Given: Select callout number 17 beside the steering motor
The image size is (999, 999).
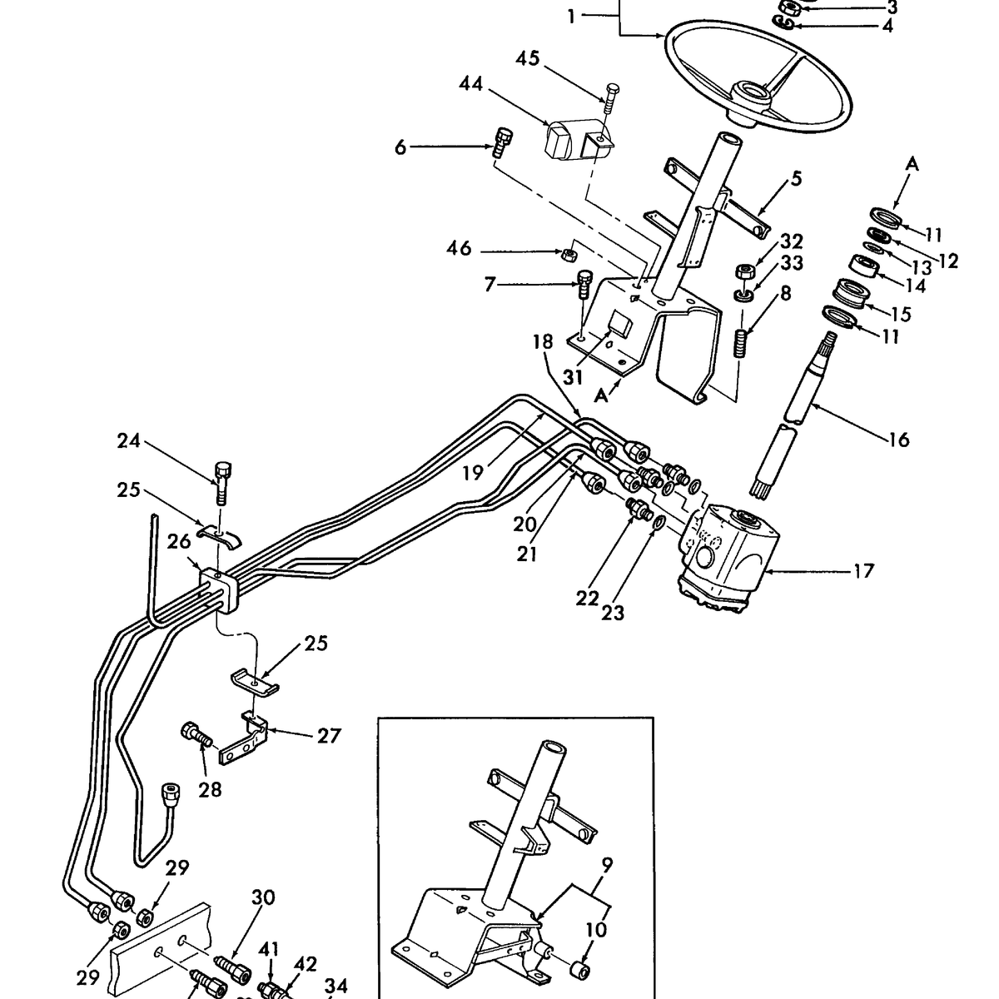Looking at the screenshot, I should pyautogui.click(x=863, y=571).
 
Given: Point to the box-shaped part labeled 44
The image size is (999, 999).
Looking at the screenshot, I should pyautogui.click(x=573, y=140).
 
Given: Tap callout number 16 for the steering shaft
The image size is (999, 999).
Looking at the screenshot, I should pyautogui.click(x=899, y=440).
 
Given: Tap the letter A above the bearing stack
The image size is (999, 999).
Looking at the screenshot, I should pyautogui.click(x=912, y=165).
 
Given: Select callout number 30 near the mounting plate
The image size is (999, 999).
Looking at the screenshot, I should pyautogui.click(x=263, y=897).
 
